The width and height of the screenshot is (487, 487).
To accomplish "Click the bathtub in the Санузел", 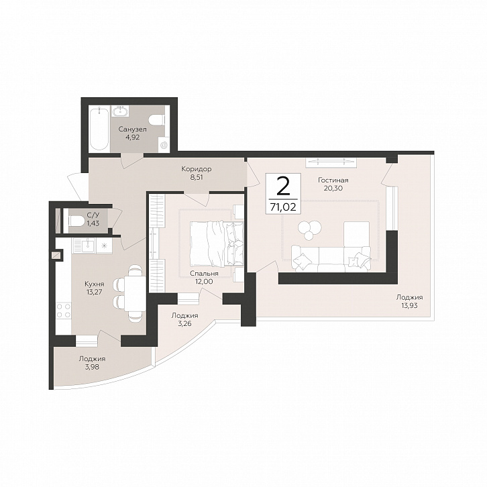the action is tap(99, 129).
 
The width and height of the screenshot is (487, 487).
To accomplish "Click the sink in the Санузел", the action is tap(119, 111).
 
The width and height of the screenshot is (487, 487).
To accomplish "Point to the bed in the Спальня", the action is tap(217, 243).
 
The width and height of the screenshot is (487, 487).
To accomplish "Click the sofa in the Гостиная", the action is tap(331, 258).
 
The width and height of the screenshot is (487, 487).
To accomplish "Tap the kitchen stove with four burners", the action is tap(64, 311).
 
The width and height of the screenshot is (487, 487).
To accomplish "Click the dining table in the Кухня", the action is tap(135, 294).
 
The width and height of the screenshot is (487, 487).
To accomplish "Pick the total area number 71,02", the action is tap(283, 207).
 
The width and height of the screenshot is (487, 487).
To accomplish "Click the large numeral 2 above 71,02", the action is tap(283, 186).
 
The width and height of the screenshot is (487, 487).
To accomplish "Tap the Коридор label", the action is tap(197, 169).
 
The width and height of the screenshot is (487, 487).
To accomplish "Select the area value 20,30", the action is tap(333, 188).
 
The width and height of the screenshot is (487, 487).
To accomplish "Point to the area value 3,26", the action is tap(184, 323).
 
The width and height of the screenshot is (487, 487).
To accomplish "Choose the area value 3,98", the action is tap(92, 366).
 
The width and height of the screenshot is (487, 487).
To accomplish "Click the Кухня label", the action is tap(95, 284).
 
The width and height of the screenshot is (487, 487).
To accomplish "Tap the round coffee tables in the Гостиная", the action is tap(309, 229).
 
